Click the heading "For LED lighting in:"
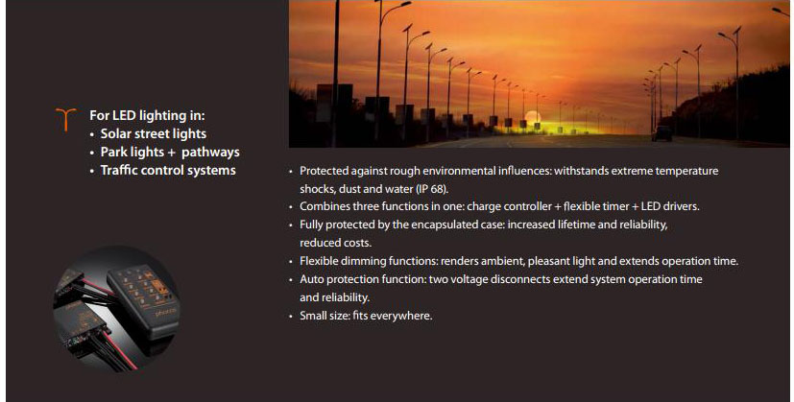click(x=147, y=115)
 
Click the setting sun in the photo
click(x=533, y=117)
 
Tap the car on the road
click(x=662, y=133)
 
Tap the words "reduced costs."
click(x=336, y=243)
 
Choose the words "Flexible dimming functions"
click(x=368, y=261)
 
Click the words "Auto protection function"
click(x=362, y=279)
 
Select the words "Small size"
click(x=323, y=316)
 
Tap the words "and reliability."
click(x=335, y=297)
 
